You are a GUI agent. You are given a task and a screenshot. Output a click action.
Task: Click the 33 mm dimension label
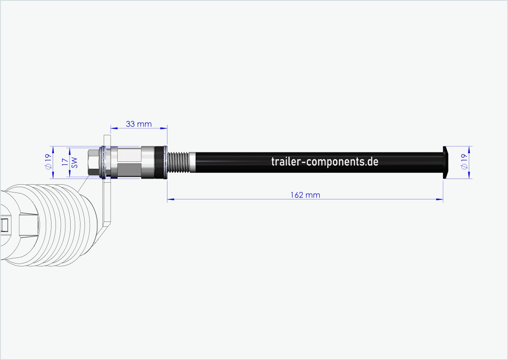[138, 124]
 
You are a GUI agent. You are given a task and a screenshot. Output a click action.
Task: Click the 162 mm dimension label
[305, 195]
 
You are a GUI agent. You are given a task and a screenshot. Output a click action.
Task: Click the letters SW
[74, 163]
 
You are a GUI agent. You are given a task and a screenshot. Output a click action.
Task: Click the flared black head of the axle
[446, 162]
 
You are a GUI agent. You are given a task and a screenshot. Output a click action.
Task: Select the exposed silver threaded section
[178, 162]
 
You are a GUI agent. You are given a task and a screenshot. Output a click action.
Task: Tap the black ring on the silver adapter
[158, 162]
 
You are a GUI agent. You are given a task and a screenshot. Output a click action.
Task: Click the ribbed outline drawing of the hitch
[61, 225]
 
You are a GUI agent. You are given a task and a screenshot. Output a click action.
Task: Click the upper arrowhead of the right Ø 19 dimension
[469, 149]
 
